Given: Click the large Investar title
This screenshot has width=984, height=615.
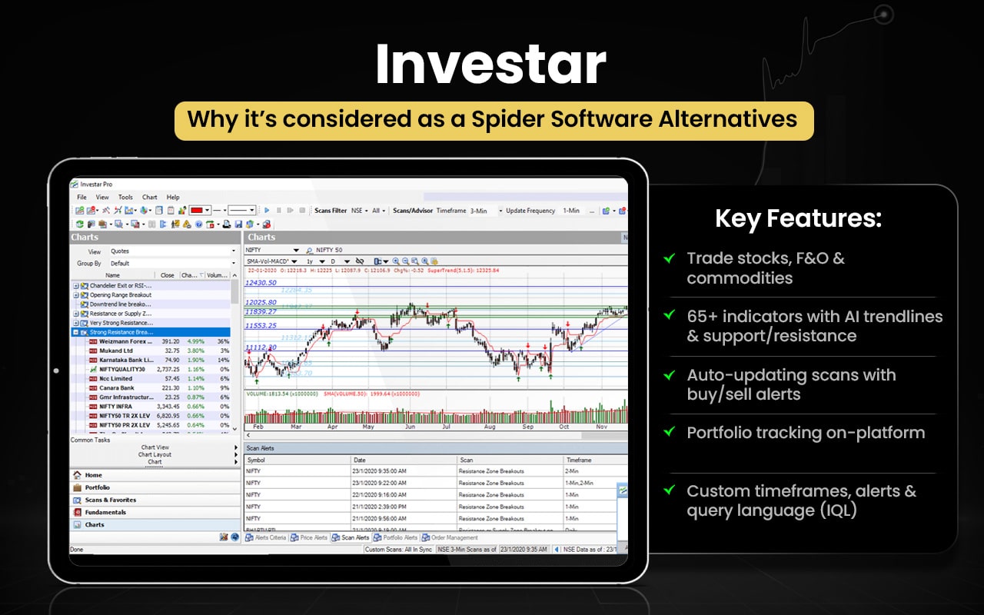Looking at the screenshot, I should pos(490,65).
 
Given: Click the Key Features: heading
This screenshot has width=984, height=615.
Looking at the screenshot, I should pos(798,219).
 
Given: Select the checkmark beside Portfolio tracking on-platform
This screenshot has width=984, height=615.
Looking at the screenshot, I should pos(670,433).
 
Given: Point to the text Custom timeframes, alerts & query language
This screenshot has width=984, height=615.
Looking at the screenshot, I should pos(801,500).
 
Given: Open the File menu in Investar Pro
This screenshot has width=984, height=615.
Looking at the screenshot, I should pos(81,198).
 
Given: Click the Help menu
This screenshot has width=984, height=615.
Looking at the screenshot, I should pos(173,198).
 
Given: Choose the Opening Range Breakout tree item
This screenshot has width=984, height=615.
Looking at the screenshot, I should pos(121,295).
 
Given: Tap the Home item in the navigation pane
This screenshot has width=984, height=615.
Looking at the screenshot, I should pos(93,475).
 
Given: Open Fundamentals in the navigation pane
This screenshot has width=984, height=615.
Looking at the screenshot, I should pos(105,512).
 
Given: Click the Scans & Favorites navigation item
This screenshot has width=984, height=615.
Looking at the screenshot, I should pos(110,500).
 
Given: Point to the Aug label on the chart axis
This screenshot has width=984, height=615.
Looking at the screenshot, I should pos(489,425).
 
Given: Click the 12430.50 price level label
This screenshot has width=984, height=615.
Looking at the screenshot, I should pos(261,283).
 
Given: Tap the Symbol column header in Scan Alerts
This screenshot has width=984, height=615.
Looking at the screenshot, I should pos(256,460).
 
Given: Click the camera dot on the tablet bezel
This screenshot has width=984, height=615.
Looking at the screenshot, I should pos(56,371).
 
